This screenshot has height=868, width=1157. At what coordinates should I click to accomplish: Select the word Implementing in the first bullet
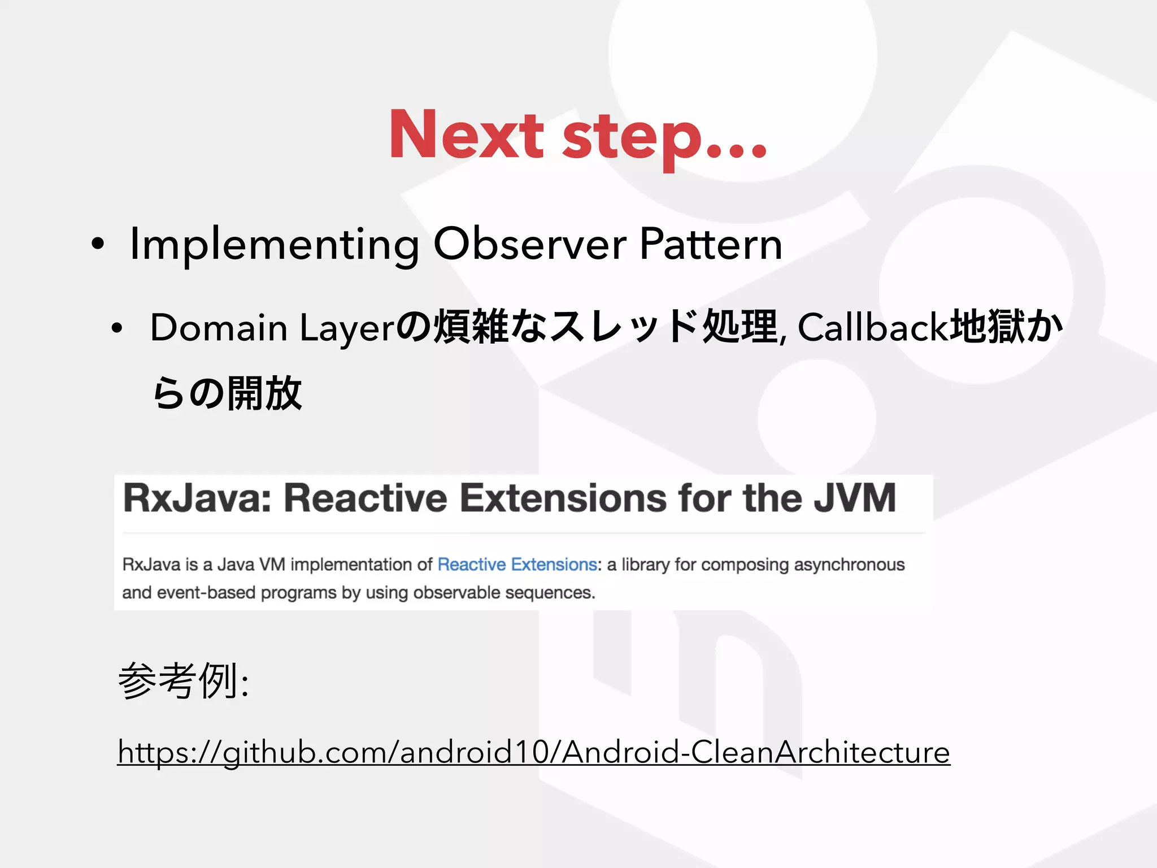275,244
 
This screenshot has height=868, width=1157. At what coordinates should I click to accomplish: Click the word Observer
530,244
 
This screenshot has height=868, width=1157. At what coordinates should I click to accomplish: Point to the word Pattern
711,244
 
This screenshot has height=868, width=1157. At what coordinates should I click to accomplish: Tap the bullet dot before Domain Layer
117,328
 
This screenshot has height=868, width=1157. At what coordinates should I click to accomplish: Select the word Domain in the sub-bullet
219,328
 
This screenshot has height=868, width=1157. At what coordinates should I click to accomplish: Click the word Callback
872,328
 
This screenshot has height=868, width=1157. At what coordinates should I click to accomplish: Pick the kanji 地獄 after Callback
986,328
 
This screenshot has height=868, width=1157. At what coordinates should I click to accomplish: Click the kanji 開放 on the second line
264,393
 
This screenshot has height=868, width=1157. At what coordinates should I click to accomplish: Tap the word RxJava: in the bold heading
200,498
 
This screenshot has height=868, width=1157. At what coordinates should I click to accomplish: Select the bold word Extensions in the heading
563,498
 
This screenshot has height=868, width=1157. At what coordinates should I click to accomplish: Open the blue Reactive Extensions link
517,565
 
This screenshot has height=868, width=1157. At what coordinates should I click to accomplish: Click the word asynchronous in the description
849,565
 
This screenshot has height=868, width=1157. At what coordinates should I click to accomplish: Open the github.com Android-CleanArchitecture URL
533,752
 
